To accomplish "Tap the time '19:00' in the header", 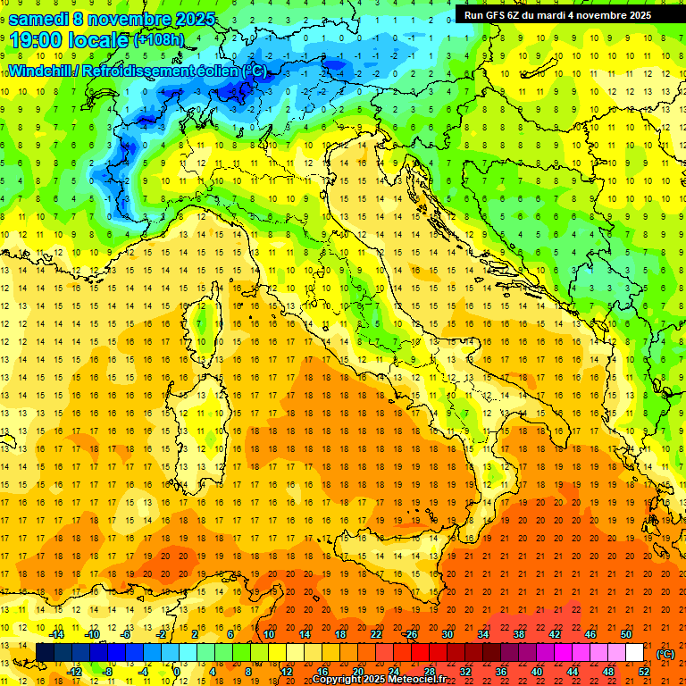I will (x=37, y=39).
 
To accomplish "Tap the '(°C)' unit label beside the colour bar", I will (x=665, y=654).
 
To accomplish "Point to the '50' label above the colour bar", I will (x=626, y=634).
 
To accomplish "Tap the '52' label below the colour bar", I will (x=643, y=672).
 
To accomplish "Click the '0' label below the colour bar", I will (x=177, y=672).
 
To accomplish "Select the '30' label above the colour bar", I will (x=447, y=634).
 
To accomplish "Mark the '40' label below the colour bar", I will (x=536, y=672).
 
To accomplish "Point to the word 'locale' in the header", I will (x=99, y=39).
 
